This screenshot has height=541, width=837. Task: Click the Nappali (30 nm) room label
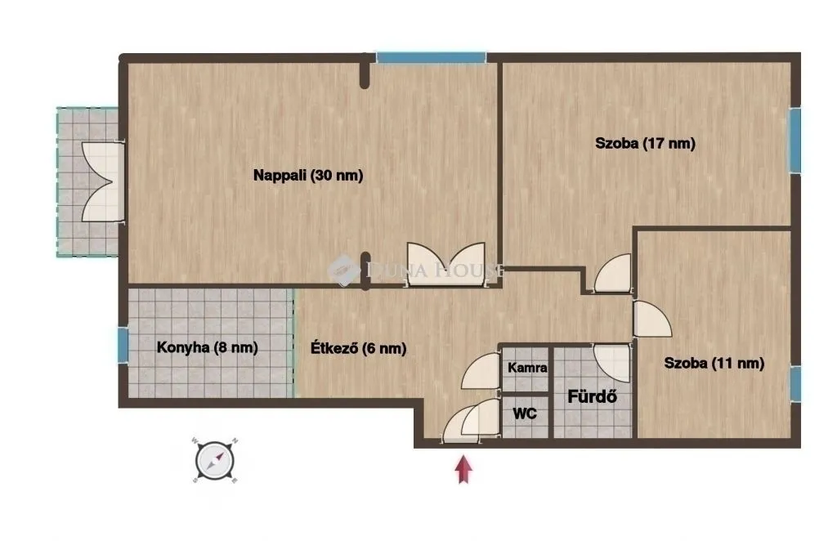coord(307,174)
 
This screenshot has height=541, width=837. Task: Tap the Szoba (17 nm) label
coord(645,144)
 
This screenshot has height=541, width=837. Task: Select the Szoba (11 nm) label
coord(714,364)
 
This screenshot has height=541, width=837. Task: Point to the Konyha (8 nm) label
coord(207,347)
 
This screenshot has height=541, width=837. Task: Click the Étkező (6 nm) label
coord(358,347)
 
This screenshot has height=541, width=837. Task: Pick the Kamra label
coord(526,368)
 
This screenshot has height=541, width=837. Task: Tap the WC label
coord(525,414)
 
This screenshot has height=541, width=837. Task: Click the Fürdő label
coord(591,398)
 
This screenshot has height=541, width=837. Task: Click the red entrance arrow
coord(464,470)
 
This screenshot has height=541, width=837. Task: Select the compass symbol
coord(216,460)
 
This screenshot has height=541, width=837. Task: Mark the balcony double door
coord(102,182)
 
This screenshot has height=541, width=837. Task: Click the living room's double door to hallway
coord(446,263)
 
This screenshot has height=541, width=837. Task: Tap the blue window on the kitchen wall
coord(123,345)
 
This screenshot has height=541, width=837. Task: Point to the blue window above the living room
coord(431,58)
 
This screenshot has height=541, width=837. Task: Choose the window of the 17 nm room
coord(794,140)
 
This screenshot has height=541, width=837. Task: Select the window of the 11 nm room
coord(795,383)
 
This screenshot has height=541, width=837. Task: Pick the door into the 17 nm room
coord(613,275)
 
